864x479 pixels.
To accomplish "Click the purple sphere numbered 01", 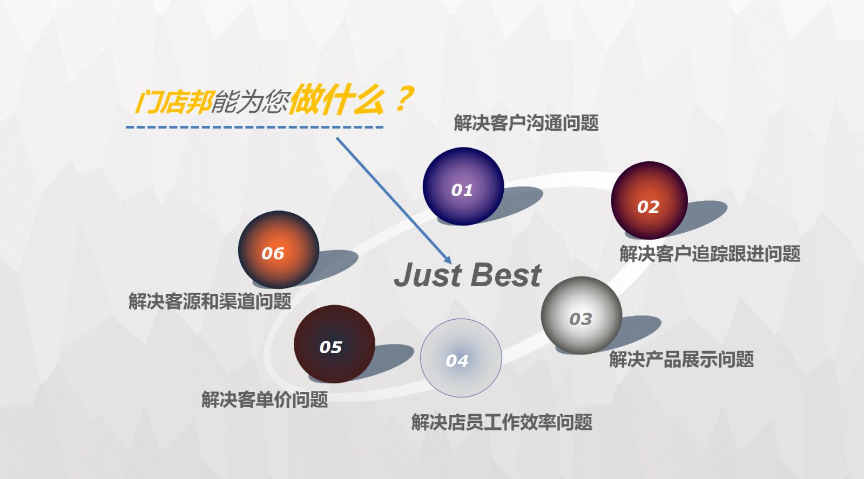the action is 463,186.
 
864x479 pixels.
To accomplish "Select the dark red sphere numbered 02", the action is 650,200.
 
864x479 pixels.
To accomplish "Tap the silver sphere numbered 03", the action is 581,315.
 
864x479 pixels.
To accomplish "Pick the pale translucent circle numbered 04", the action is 461,358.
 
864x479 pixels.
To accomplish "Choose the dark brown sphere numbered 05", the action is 334,344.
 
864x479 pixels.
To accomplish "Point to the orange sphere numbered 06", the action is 279,249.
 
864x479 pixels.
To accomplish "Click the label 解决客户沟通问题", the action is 526,123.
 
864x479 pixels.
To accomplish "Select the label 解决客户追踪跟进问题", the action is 710,254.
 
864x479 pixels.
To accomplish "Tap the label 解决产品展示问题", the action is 681,360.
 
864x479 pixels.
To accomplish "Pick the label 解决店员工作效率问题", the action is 502,422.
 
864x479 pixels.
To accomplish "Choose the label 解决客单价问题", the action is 265,399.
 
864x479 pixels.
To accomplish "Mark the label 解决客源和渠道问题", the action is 210,301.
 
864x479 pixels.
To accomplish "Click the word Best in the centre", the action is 506,275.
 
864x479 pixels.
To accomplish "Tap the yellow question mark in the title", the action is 404,99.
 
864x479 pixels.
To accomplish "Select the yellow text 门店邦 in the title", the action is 173,103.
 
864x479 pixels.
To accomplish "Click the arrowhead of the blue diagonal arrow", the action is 448,260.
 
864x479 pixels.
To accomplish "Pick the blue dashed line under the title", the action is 254,127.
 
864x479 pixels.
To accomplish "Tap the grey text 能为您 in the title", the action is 251,103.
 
